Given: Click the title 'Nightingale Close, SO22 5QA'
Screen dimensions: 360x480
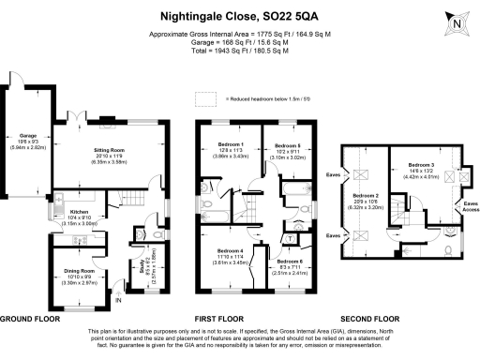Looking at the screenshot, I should [x=240, y=16].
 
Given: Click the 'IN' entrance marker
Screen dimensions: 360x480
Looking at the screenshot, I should [x=119, y=300].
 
